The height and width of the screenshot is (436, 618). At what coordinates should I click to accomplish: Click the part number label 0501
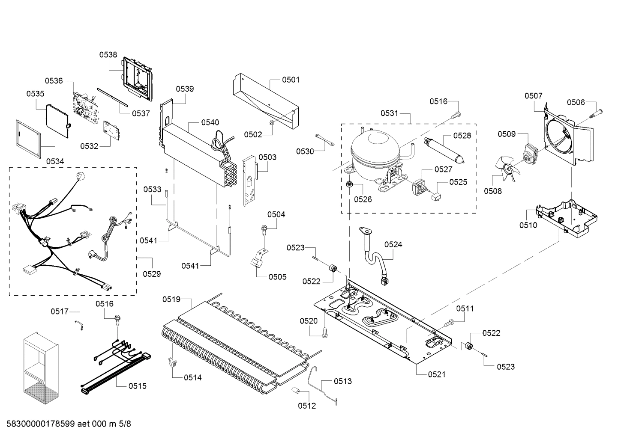pyautogui.click(x=291, y=80)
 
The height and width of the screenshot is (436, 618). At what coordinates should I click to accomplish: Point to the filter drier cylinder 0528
pyautogui.click(x=444, y=150)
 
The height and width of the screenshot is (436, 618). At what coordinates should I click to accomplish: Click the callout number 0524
pyautogui.click(x=393, y=245)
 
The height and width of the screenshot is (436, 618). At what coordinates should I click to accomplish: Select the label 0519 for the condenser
pyautogui.click(x=171, y=300)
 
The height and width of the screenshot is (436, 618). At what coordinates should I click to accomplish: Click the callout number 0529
pyautogui.click(x=152, y=274)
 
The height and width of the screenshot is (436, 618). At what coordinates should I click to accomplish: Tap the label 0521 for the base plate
pyautogui.click(x=436, y=374)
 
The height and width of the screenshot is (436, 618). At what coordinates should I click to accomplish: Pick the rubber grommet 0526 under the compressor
pyautogui.click(x=349, y=185)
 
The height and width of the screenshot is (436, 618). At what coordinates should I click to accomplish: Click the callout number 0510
pyautogui.click(x=528, y=225)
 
